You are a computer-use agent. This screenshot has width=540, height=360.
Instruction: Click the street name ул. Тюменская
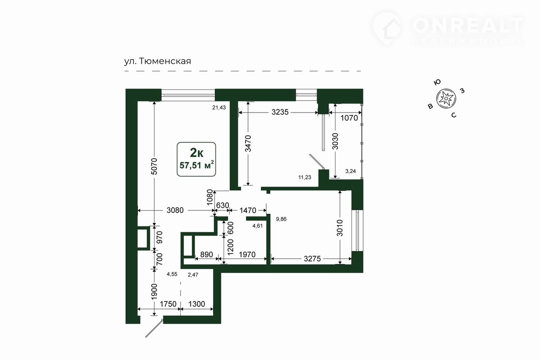(x=157, y=61)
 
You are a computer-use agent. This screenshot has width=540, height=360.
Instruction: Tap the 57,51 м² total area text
(x=197, y=165)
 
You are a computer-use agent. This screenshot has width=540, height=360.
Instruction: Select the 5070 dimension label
(x=154, y=166)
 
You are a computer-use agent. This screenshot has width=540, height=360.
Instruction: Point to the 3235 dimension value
(x=280, y=112)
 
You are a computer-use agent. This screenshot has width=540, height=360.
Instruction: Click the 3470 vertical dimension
(x=248, y=144)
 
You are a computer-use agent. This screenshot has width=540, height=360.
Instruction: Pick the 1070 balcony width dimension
(x=349, y=118)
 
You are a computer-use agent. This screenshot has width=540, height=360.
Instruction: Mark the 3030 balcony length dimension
(x=335, y=141)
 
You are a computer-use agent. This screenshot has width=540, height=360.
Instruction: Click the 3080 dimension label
(x=175, y=210)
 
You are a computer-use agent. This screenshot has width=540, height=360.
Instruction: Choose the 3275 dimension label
(x=312, y=259)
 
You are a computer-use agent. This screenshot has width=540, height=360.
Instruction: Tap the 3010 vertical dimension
(x=340, y=228)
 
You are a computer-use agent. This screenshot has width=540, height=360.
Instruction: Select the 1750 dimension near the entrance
(x=168, y=304)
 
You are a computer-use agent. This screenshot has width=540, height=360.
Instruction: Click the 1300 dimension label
(x=197, y=304)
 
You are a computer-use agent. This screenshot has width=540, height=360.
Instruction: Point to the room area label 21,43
(x=219, y=108)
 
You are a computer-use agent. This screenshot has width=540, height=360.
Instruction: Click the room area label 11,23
(x=305, y=177)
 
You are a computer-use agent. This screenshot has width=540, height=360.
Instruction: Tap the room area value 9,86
(x=281, y=219)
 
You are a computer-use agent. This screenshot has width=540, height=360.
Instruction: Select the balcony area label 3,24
(x=351, y=171)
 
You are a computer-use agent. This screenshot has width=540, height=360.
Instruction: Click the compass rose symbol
(x=446, y=99)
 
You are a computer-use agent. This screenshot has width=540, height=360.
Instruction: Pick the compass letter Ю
(x=437, y=82)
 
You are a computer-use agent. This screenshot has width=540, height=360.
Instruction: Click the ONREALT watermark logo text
(x=468, y=26)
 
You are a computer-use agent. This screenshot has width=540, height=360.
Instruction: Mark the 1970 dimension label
(x=247, y=255)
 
